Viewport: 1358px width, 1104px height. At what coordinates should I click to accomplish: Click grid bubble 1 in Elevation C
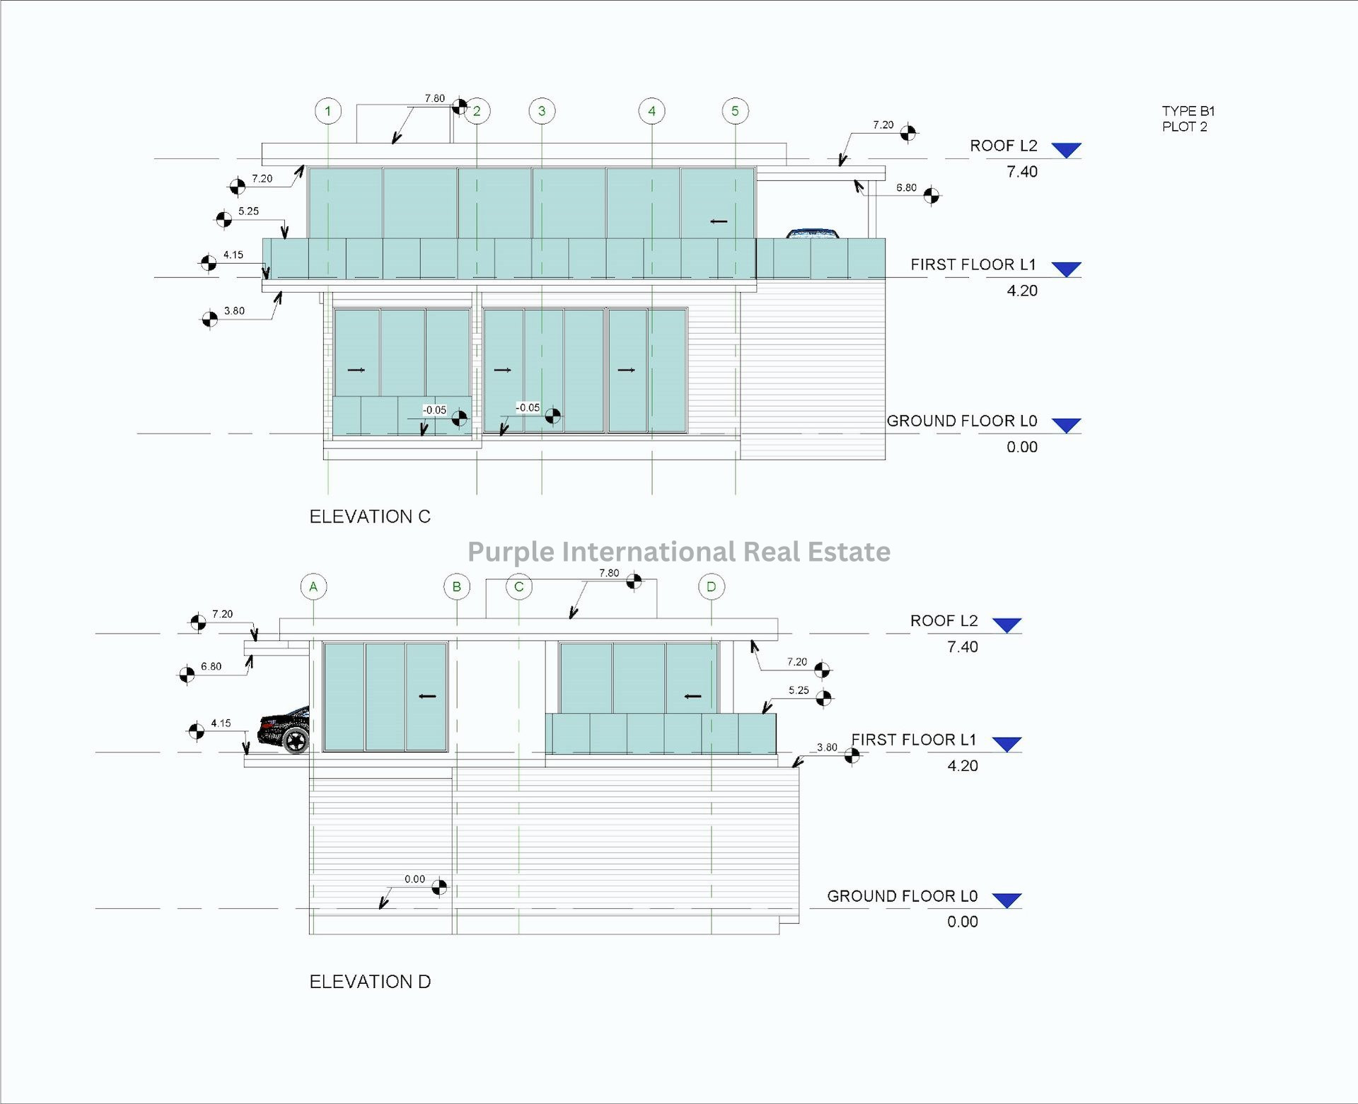[x=327, y=111]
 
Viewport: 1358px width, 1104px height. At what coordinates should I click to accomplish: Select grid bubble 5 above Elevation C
[x=735, y=111]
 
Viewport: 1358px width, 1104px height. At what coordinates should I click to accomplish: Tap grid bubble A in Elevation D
[x=313, y=586]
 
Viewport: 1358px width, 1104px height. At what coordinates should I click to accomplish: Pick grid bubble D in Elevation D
[x=711, y=586]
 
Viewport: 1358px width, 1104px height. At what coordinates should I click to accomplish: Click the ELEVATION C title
[x=370, y=517]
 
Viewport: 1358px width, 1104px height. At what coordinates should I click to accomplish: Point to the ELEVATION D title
[x=370, y=982]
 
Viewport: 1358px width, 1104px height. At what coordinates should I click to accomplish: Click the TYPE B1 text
[x=1188, y=111]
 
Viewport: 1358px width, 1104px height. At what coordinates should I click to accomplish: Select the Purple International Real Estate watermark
[x=679, y=552]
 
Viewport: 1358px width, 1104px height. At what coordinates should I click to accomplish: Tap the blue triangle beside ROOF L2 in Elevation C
[x=1066, y=149]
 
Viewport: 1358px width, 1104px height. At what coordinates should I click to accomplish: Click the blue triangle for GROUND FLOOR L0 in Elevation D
[x=1006, y=900]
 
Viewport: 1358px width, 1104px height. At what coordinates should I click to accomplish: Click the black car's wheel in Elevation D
[x=296, y=740]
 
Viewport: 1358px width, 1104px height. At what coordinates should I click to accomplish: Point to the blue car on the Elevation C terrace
[x=813, y=233]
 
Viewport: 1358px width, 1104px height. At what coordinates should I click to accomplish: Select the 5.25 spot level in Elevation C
[x=248, y=211]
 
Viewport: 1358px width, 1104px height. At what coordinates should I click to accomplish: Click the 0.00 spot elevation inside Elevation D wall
[x=414, y=879]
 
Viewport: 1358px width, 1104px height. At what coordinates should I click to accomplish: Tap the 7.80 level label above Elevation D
[x=609, y=573]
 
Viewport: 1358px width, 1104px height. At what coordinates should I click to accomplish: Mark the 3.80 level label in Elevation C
[x=234, y=311]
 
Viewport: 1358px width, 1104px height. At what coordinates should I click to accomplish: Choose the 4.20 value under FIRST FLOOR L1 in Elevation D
[x=962, y=766]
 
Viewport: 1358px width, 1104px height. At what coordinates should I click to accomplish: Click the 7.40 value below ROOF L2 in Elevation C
[x=1021, y=172]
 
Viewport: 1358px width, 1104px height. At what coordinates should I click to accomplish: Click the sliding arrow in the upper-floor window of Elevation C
[x=719, y=221]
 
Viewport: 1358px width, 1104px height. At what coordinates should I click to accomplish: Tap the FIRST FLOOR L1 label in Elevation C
[x=973, y=265]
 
